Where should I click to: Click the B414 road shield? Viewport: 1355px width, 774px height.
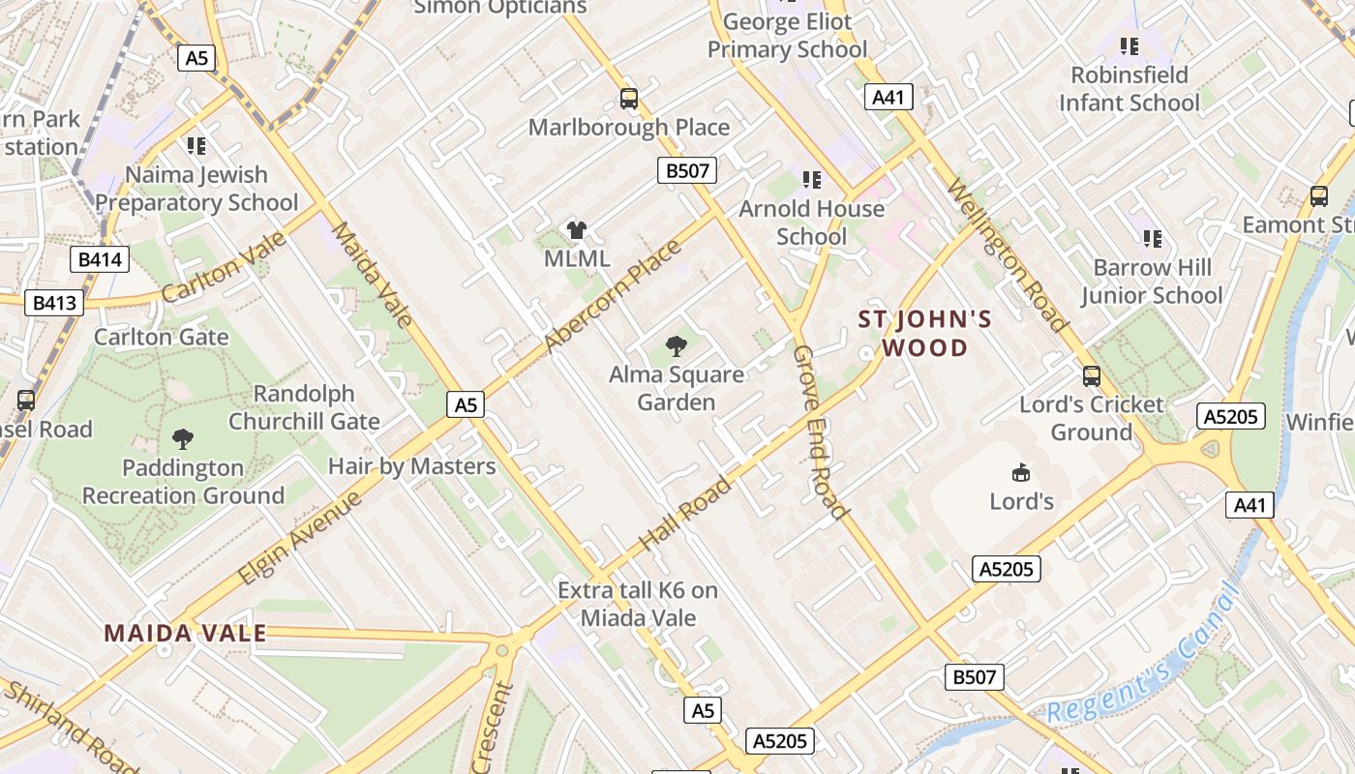coord(100,259)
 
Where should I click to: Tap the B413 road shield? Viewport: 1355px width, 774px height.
coord(54,303)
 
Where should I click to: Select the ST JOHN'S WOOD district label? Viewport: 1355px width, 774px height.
coord(925,334)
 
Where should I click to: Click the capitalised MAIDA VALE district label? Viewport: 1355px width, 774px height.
coord(185,634)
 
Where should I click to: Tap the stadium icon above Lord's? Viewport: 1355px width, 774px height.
coord(1021,472)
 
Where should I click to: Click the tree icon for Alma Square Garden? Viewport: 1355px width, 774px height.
coord(677,345)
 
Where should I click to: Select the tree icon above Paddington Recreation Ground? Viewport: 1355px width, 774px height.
coord(182,439)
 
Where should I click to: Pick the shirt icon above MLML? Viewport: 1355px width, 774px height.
coord(577,230)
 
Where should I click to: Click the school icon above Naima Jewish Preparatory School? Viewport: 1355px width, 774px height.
coord(196,146)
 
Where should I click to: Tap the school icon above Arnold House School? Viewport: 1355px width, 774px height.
coord(811,180)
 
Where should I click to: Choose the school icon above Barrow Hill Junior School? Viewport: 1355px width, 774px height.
coord(1152,238)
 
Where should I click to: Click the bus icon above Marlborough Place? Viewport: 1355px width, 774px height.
coord(629,98)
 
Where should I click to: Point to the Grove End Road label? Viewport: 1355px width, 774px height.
coord(820,432)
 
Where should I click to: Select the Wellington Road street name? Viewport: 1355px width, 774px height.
coord(1007,255)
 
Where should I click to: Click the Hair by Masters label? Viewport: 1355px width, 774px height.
coord(411,466)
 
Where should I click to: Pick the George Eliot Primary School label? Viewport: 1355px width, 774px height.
coord(788,35)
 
